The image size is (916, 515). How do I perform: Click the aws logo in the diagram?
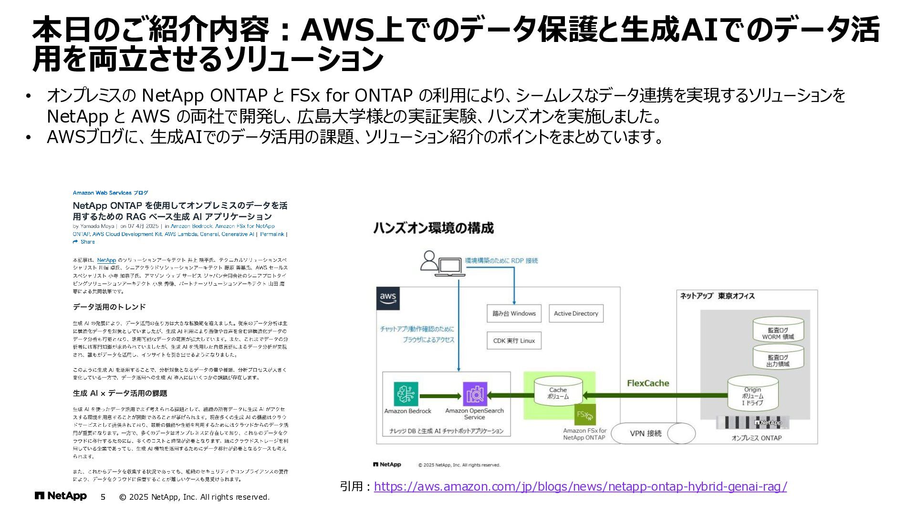click(388, 299)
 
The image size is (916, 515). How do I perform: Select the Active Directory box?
click(576, 313)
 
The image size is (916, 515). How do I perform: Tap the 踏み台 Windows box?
click(514, 313)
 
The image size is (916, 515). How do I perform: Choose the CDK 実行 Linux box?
click(514, 340)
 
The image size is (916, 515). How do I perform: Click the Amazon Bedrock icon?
click(406, 394)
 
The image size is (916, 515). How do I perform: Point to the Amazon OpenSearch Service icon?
click(475, 394)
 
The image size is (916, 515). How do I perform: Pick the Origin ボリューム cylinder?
click(752, 394)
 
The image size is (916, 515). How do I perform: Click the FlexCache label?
click(648, 383)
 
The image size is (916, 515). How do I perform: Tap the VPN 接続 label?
click(645, 433)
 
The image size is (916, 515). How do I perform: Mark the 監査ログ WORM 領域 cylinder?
click(778, 330)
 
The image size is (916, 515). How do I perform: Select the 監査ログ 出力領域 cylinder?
click(778, 358)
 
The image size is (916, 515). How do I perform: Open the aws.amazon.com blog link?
click(580, 486)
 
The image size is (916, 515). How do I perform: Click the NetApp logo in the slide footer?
click(61, 496)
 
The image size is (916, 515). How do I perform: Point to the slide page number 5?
click(103, 497)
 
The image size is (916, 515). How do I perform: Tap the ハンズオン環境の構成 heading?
click(433, 228)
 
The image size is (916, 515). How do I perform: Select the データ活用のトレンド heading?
click(109, 307)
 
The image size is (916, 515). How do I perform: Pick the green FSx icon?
click(585, 414)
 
